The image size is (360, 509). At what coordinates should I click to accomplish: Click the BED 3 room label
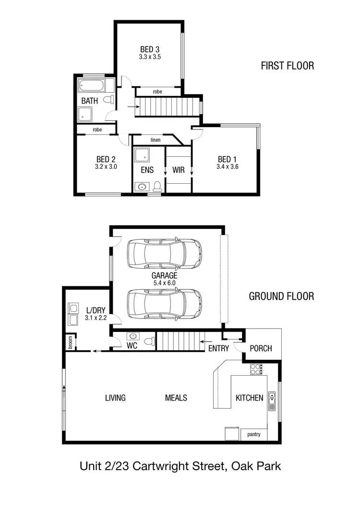pos(150,49)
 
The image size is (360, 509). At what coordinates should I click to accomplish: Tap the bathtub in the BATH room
pos(96,87)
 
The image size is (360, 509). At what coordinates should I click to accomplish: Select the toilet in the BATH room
pos(110,100)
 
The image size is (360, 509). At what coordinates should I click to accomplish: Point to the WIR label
pos(179,170)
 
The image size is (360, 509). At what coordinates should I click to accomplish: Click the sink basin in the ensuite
pos(141,186)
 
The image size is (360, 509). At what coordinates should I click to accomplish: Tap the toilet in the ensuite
pos(156,186)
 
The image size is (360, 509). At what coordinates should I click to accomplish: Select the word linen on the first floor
pos(155,140)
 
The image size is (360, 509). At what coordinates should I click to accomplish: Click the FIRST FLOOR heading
pos(287,66)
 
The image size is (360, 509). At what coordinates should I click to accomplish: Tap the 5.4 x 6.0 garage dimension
pos(164,283)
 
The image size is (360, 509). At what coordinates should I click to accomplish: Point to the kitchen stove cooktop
pos(256,369)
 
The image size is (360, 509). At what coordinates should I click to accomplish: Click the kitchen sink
pos(272,398)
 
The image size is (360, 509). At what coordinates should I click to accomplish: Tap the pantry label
pos(254,435)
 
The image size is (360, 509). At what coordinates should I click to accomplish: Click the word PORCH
pos(261,349)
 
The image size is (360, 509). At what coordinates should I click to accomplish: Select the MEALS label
pos(176,398)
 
